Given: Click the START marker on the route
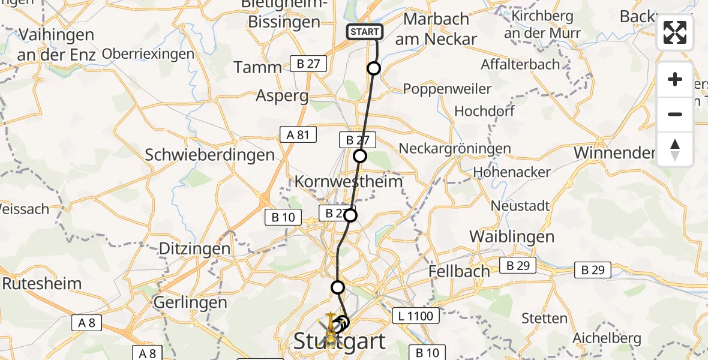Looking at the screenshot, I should (x=364, y=31).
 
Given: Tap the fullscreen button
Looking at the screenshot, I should (x=675, y=32).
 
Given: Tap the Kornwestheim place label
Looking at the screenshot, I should (x=348, y=182).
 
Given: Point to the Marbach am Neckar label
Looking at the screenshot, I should (x=440, y=29).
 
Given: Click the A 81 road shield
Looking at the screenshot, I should (x=298, y=134).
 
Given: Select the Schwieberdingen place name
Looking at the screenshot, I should (x=209, y=155).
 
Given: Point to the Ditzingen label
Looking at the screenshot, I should (x=194, y=248).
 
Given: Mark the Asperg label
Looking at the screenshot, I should (x=282, y=95).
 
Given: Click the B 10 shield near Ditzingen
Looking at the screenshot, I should (x=283, y=217).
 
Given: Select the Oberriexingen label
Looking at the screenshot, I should (x=148, y=54).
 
